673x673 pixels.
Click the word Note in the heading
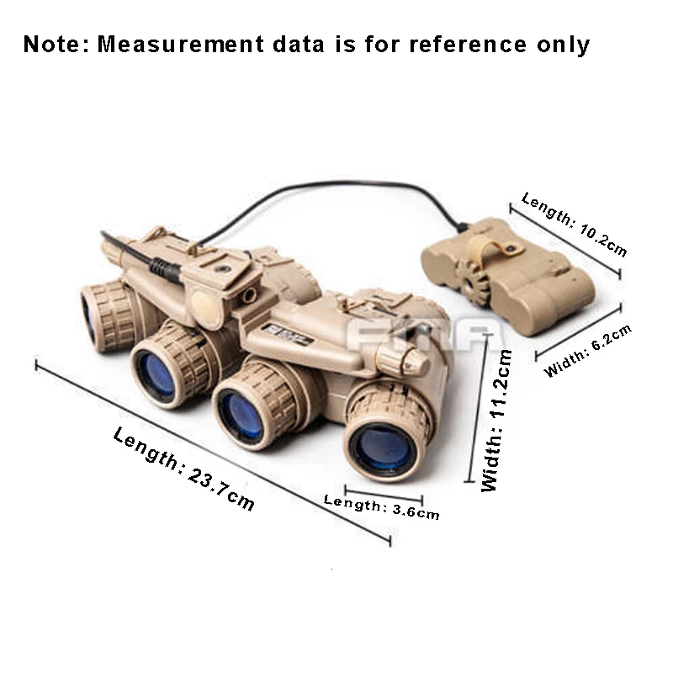56,44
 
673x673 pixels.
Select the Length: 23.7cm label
183,469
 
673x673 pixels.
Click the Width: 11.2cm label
496,421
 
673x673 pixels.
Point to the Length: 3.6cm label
381,506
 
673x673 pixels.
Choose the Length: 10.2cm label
574,224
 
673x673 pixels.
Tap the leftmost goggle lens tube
105,315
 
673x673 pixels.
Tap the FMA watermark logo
416,336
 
